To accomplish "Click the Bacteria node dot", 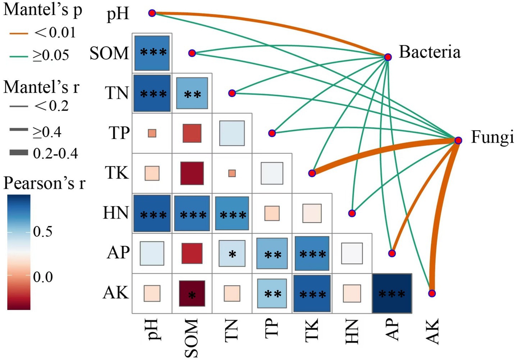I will tap(388, 57).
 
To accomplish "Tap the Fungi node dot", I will tap(458, 140).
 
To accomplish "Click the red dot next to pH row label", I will tap(152, 13).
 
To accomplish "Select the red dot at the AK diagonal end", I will tap(432, 293).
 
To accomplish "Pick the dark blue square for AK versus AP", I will tap(392, 293).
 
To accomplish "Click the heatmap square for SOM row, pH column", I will tap(152, 53).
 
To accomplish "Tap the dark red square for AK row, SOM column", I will tap(192, 293).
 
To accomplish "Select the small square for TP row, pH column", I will tap(152, 133).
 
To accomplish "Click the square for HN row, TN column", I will tap(232, 213).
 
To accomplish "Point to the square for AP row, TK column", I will tap(312, 253).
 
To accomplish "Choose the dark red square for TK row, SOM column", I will tap(192, 173).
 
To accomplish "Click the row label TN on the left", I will tap(117, 94).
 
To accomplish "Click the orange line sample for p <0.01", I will tap(18, 34).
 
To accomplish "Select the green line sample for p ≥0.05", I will tap(18, 56).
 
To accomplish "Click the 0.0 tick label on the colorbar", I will tap(42, 277).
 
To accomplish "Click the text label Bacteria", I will tap(430, 52).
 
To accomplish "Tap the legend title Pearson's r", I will tap(45, 183).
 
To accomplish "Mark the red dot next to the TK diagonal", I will tap(312, 173).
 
